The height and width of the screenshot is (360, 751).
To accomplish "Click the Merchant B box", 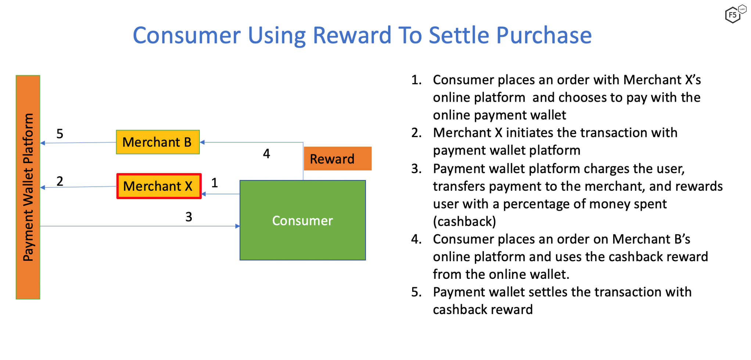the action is pyautogui.click(x=158, y=142).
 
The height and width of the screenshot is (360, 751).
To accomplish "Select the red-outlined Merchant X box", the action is pyautogui.click(x=159, y=186).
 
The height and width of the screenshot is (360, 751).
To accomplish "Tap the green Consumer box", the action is pyautogui.click(x=303, y=220).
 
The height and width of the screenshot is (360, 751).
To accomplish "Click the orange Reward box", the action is pyautogui.click(x=338, y=159).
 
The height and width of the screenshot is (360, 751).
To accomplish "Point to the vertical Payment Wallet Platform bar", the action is pyautogui.click(x=28, y=187).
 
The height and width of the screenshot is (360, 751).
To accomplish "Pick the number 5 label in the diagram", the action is pyautogui.click(x=60, y=134).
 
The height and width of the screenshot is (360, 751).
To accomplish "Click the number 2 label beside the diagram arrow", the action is pyautogui.click(x=60, y=181).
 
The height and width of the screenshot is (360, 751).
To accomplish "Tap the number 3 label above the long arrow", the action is pyautogui.click(x=189, y=217).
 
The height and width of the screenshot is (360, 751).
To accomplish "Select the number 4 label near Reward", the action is pyautogui.click(x=266, y=154).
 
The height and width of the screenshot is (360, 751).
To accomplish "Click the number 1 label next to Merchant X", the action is pyautogui.click(x=215, y=183).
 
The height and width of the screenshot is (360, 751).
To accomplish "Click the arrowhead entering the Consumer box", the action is pyautogui.click(x=237, y=226).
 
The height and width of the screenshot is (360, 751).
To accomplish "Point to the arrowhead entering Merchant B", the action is pyautogui.click(x=202, y=142).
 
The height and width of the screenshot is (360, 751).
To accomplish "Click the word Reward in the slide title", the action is pyautogui.click(x=352, y=36).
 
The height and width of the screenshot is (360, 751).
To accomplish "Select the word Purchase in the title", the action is pyautogui.click(x=544, y=36).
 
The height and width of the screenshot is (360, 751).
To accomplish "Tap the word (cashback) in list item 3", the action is pyautogui.click(x=464, y=222).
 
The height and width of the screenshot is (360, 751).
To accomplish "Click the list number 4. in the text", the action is pyautogui.click(x=416, y=239).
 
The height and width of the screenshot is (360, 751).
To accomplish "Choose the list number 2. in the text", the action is pyautogui.click(x=416, y=133).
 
